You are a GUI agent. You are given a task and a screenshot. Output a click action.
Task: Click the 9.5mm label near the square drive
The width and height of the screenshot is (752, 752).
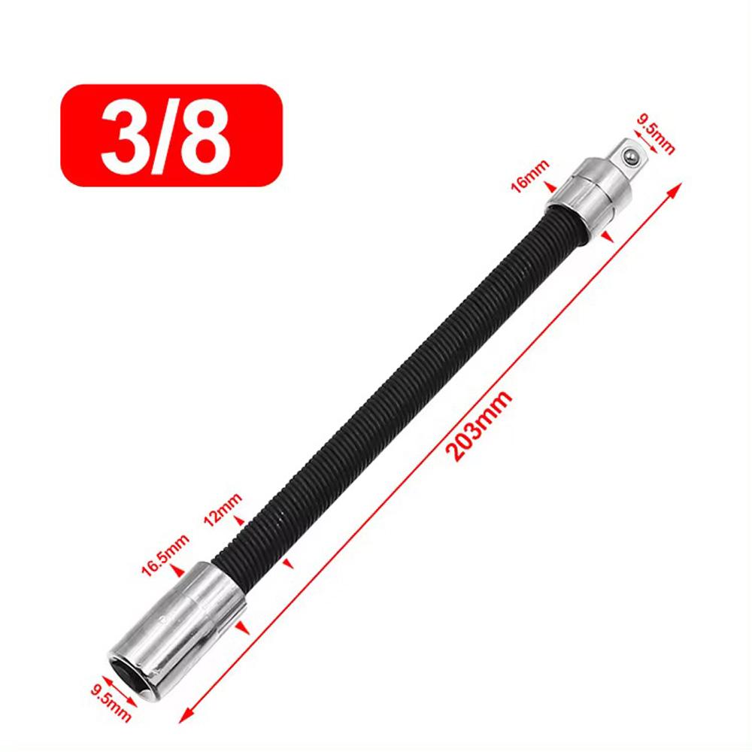point(655,133)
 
